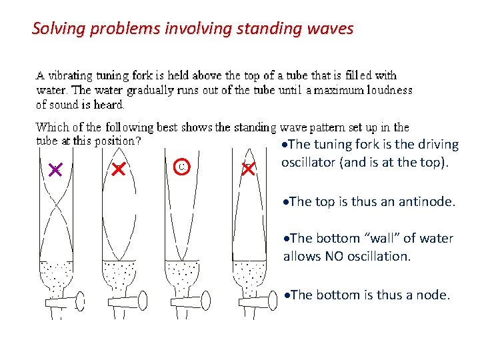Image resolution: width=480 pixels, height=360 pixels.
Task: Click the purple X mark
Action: (x=55, y=171)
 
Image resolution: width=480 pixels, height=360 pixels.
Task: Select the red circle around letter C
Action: (x=182, y=166)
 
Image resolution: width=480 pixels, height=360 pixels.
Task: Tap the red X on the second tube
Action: (x=118, y=169)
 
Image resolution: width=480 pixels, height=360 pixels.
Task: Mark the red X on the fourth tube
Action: (x=249, y=169)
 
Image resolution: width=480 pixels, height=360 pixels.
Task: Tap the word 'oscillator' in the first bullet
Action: (x=308, y=162)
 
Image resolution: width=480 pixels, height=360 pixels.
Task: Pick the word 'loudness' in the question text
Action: (x=390, y=90)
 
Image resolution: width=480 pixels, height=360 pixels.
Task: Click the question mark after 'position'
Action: (x=138, y=141)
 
